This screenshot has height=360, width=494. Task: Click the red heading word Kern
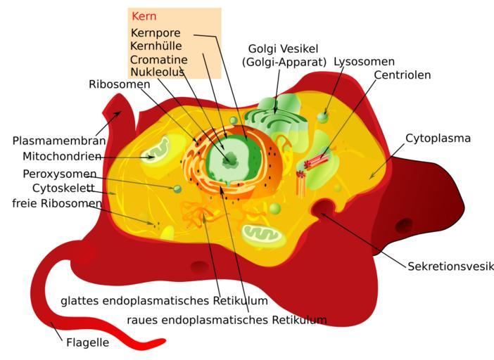point(144,16)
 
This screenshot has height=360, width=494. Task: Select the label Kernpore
point(156,33)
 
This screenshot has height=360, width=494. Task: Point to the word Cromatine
point(159,59)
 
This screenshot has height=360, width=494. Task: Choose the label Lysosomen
point(364,62)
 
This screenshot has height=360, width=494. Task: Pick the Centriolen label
point(402,75)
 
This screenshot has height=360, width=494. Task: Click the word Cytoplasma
point(438,138)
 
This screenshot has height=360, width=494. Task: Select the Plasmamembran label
point(58,141)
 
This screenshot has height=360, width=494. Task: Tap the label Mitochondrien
point(62,156)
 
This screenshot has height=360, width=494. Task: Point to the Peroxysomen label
point(60,174)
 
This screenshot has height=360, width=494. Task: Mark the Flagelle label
point(87,344)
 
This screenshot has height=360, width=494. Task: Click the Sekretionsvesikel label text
point(450,266)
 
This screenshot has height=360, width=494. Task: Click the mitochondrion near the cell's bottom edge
point(263,236)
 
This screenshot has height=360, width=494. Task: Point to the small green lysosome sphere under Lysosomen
point(322,117)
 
